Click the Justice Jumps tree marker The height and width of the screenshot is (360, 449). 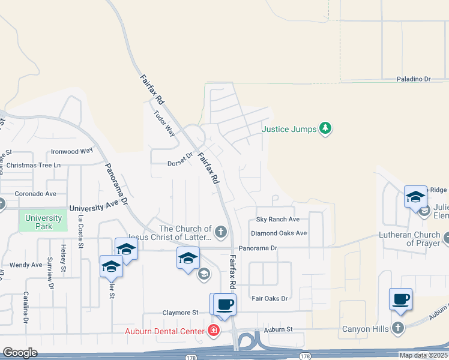(x=325, y=128)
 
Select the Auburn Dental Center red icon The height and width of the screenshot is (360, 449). (x=213, y=330)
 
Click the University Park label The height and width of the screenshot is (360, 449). (x=44, y=222)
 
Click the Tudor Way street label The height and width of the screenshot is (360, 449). (x=164, y=124)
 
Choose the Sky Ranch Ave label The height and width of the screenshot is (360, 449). (x=278, y=220)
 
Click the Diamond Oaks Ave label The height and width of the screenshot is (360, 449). (x=279, y=233)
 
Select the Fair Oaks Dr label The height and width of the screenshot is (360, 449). (x=270, y=298)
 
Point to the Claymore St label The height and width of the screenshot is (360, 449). (x=180, y=313)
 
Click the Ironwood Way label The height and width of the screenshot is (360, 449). (x=72, y=151)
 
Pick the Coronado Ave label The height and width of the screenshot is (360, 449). (x=35, y=194)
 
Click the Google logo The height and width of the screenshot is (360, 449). (x=20, y=353)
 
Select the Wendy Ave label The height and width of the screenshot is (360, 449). (x=26, y=265)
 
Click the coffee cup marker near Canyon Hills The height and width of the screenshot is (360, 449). (x=400, y=299)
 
